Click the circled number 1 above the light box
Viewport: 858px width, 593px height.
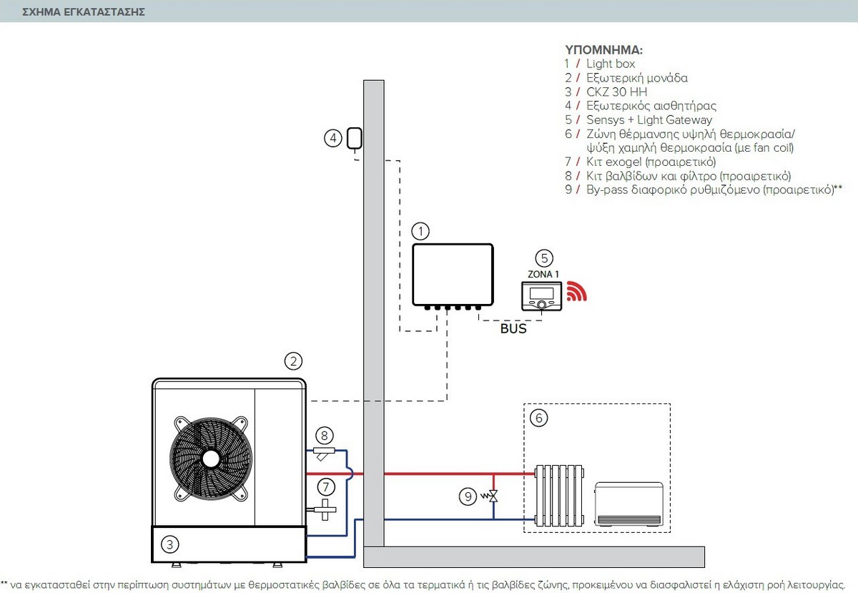coord(421,231)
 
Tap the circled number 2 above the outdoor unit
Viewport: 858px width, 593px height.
coord(292,361)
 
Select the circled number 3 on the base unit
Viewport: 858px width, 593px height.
coord(169,545)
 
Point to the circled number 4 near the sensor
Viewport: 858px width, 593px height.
coord(332,138)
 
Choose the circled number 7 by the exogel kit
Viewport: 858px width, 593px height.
coord(326,488)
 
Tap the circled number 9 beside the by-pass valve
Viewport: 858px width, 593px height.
coord(468,494)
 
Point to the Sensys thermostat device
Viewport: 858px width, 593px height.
coord(542,296)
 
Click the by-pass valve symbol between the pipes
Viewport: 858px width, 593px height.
coord(493,496)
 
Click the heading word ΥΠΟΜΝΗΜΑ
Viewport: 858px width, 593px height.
coord(604,51)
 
